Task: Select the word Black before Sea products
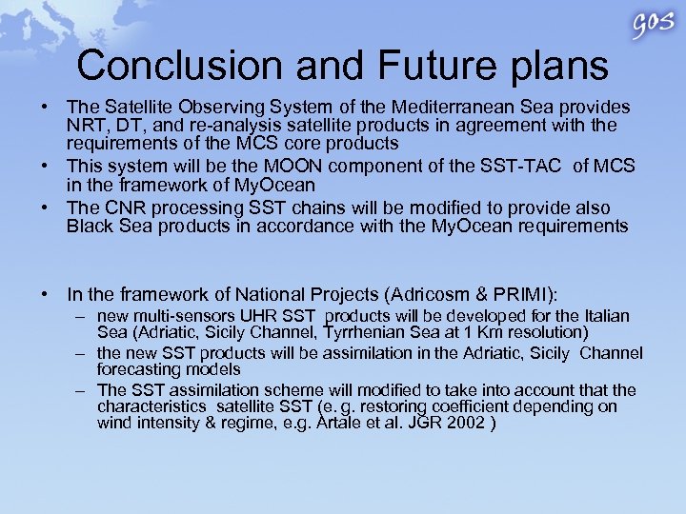[88, 226]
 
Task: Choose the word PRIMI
[521, 296]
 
